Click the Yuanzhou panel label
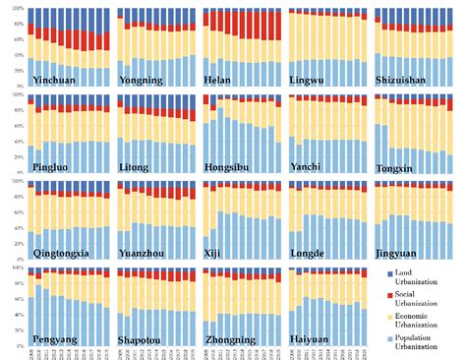145,253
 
